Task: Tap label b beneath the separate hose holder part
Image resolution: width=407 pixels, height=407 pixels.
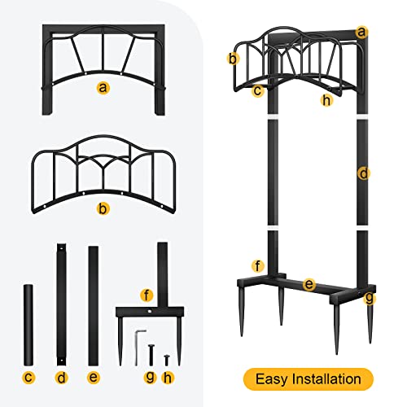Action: [x=103, y=209]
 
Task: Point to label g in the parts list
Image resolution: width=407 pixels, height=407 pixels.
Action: [x=149, y=377]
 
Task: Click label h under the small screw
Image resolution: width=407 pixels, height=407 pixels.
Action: [x=168, y=377]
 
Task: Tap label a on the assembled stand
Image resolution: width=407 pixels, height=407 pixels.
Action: [x=362, y=33]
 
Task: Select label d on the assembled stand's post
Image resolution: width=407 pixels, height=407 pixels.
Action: [x=363, y=173]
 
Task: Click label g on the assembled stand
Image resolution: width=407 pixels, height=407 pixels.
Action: [x=370, y=299]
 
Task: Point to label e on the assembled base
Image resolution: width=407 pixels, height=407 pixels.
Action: [x=309, y=284]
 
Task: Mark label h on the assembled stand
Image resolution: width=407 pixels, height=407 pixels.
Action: [x=326, y=99]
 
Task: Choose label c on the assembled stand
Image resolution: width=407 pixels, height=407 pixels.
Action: [x=257, y=90]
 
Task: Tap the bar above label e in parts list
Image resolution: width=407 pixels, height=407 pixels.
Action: [x=93, y=304]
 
